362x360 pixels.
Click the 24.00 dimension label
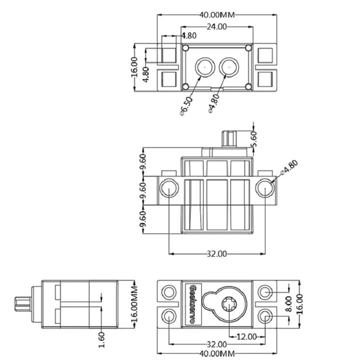[216, 27]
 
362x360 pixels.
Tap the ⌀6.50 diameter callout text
[186, 106]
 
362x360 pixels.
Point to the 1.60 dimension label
[101, 339]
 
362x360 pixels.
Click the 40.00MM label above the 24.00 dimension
[217, 14]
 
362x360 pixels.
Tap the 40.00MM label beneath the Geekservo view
[217, 354]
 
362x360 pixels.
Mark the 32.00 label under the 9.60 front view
[217, 253]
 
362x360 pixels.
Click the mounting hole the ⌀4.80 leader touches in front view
[265, 188]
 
